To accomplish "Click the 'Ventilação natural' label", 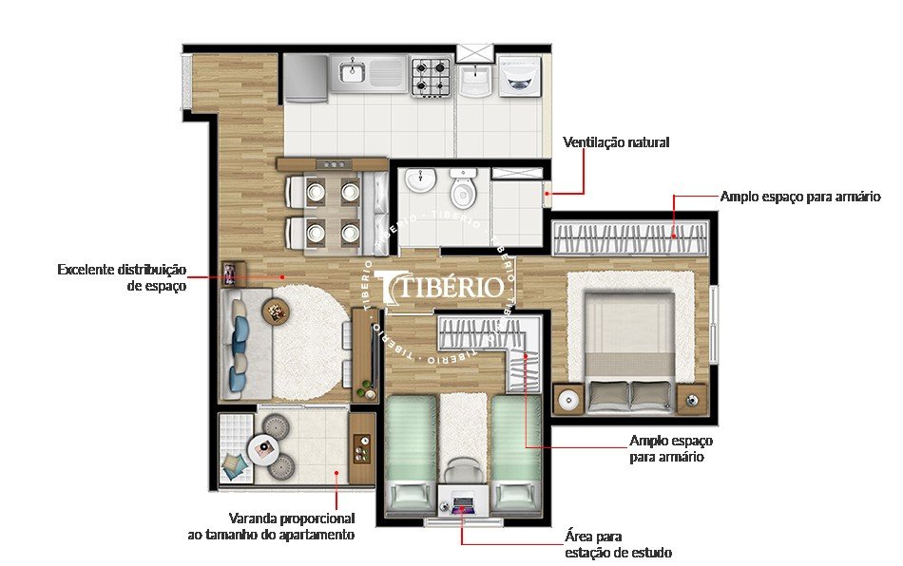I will point(616,142).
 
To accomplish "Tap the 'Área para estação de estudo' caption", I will point(618,544).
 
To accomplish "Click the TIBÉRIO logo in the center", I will point(440,286).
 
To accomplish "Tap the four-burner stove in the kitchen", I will point(430,76).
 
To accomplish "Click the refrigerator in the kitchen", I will point(304,77).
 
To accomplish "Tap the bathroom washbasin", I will point(417,180).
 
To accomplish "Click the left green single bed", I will point(411,451).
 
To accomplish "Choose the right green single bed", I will point(516,451).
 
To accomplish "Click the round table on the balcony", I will point(262,447).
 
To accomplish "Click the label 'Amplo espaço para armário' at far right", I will point(800,197).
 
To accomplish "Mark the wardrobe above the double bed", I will point(630,237).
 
